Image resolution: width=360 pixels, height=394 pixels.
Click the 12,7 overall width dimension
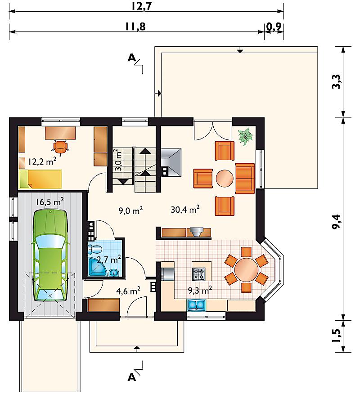142,6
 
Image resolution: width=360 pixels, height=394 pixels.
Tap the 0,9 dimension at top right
274,27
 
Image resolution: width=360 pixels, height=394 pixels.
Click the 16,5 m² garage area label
49,201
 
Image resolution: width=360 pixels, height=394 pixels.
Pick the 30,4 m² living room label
185,209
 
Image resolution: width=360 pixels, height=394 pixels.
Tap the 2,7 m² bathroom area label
109,259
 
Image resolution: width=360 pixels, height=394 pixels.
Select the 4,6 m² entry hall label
128,291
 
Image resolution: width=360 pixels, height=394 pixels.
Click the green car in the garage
50,255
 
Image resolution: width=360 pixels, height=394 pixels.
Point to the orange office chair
60,146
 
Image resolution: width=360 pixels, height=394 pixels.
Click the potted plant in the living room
246,136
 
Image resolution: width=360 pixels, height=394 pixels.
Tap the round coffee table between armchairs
225,179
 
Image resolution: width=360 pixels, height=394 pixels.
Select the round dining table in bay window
246,270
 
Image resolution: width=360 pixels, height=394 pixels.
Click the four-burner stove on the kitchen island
199,274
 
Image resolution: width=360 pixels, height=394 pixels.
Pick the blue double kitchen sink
196,305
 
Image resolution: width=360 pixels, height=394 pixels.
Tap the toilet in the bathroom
94,249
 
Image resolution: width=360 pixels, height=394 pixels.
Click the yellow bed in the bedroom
40,179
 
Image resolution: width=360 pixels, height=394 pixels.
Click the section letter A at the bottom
132,377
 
